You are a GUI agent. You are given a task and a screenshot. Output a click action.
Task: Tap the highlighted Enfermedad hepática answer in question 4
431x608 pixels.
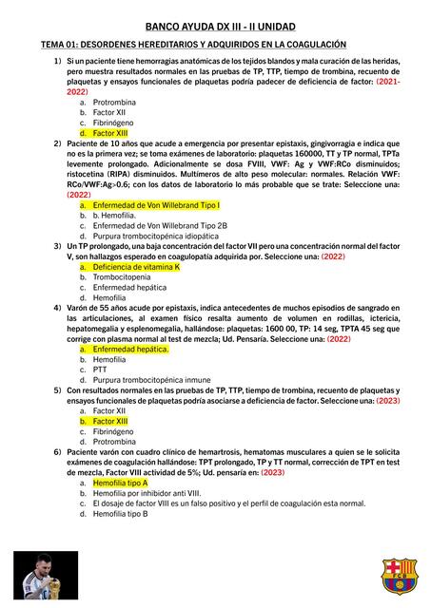tap(130, 349)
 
